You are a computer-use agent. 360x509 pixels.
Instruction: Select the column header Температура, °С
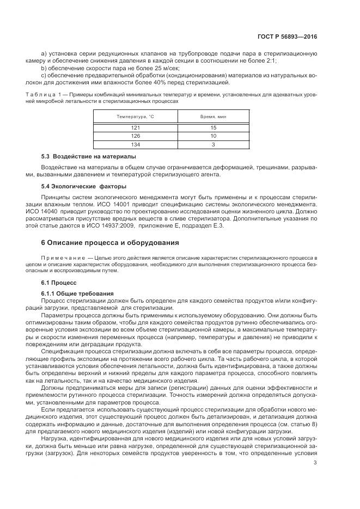click(132, 117)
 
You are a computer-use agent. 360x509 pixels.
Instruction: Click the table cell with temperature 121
click(132, 127)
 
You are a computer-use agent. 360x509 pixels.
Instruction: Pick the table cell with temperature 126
click(132, 136)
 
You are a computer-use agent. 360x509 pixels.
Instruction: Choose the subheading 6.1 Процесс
click(60, 283)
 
